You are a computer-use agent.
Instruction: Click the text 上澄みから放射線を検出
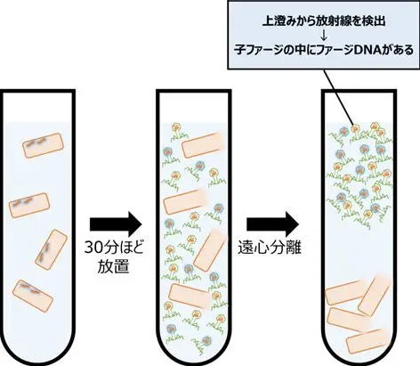pyautogui.click(x=324, y=21)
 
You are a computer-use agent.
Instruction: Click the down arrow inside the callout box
pyautogui.click(x=324, y=36)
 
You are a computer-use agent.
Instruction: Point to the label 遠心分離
pyautogui.click(x=270, y=248)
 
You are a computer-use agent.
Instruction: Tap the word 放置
pyautogui.click(x=114, y=266)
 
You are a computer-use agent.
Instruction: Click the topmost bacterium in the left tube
pyautogui.click(x=44, y=145)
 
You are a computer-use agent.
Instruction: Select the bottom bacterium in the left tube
pyautogui.click(x=33, y=296)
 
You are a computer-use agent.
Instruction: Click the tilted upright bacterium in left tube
pyautogui.click(x=52, y=249)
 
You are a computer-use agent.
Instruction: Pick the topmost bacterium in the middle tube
pyautogui.click(x=202, y=145)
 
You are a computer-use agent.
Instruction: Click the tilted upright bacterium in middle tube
pyautogui.click(x=210, y=249)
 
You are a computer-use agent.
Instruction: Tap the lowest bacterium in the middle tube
pyautogui.click(x=190, y=296)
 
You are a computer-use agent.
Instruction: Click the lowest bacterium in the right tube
pyautogui.click(x=367, y=341)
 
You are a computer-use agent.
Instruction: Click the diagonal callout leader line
pyautogui.click(x=338, y=97)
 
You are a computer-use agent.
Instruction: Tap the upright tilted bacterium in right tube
pyautogui.click(x=375, y=295)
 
